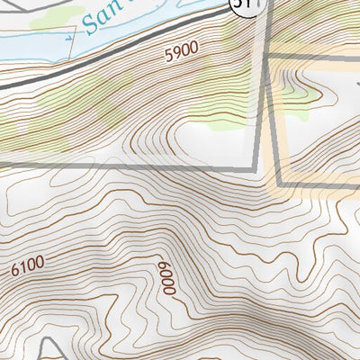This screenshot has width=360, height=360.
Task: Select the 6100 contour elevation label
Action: point(29,266)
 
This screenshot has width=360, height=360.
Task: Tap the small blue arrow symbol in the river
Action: point(69,38)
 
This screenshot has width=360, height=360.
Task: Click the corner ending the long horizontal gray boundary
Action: point(259,166)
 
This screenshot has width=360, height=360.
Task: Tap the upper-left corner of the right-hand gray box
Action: point(269,58)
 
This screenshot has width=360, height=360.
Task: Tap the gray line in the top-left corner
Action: point(18,4)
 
